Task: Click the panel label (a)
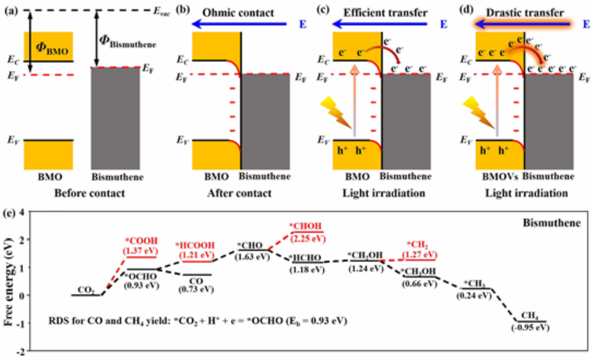coord(10,10)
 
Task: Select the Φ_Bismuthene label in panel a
coord(127,42)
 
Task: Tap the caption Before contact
coord(90,194)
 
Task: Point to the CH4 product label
coord(528,316)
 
